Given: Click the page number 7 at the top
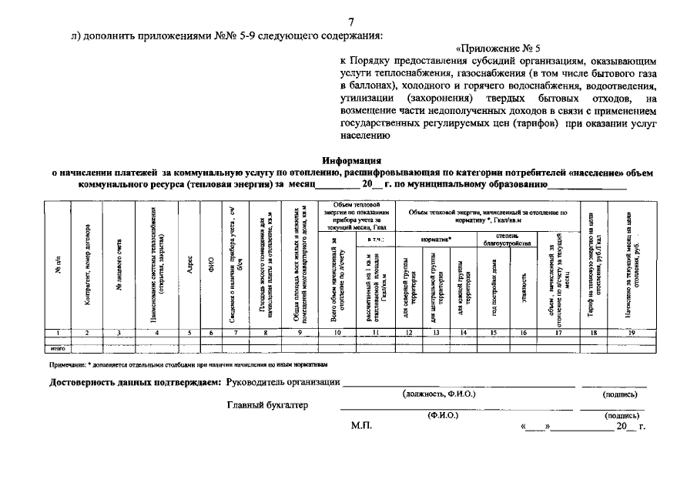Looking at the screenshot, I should [x=351, y=22].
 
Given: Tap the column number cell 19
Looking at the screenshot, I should [x=632, y=332].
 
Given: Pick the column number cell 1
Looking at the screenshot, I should [x=58, y=332].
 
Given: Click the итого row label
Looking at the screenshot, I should [x=57, y=348].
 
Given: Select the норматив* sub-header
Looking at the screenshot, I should [x=437, y=240].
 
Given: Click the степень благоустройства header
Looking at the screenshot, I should [x=506, y=238].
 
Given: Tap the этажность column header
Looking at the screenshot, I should [x=523, y=286].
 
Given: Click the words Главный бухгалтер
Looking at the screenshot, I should [x=266, y=405].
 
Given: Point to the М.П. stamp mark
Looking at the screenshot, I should [x=360, y=425].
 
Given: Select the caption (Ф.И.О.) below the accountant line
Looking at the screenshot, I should [x=443, y=414].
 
